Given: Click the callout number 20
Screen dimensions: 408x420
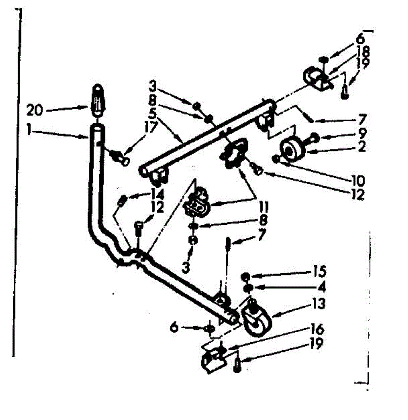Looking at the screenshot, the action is pos(34,111).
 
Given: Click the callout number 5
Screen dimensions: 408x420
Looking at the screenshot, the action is pos(152,114).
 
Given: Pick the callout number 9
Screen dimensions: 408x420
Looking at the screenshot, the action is pos(362,133).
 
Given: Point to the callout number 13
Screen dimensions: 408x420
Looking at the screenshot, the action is pos(318,303).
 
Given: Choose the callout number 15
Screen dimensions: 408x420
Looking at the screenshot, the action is pos(319,271).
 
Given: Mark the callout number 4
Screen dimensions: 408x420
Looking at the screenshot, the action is pos(321,287).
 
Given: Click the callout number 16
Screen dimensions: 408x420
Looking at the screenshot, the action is pos(317,330).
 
